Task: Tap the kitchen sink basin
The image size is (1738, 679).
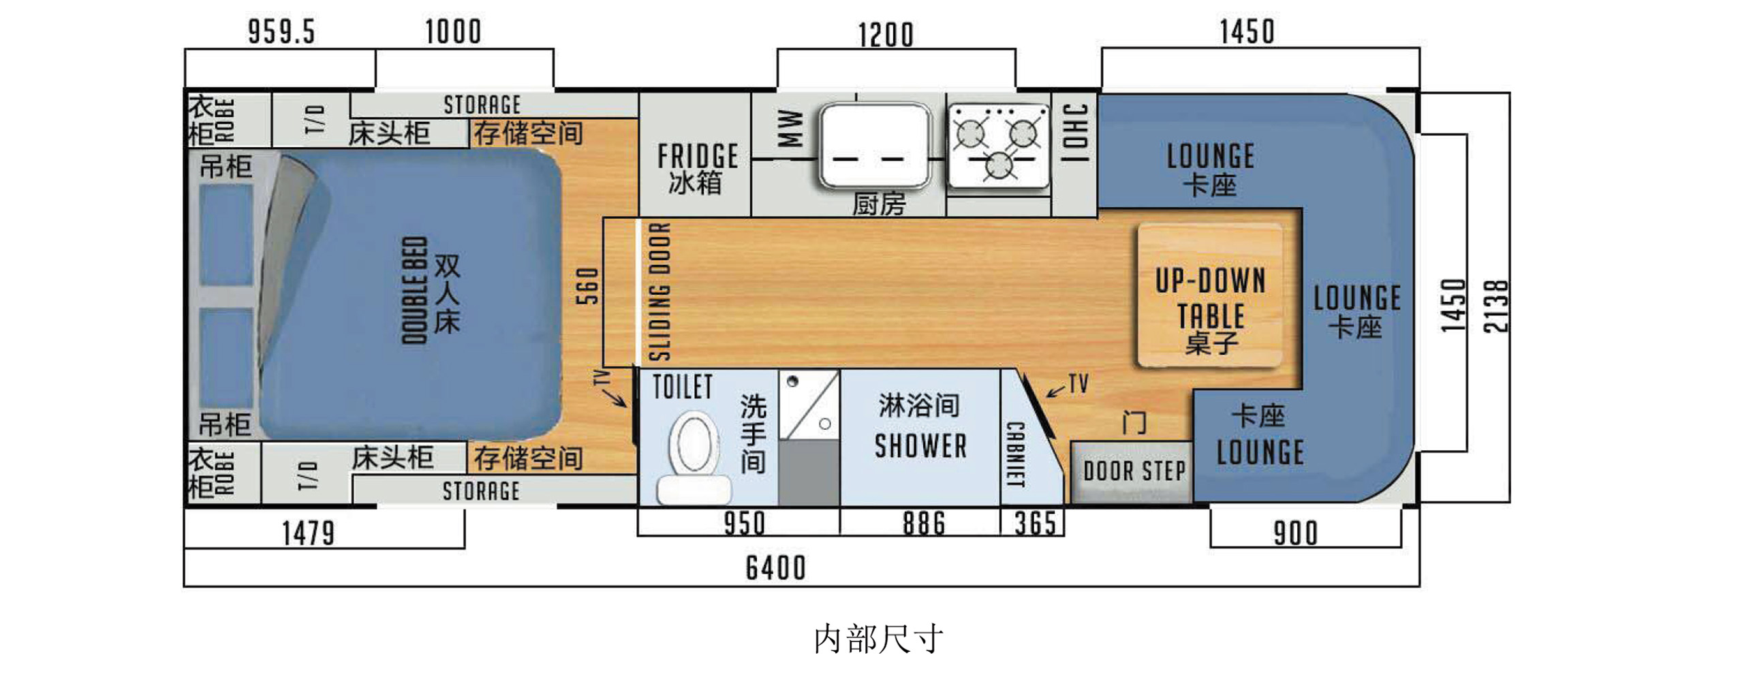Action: (x=875, y=145)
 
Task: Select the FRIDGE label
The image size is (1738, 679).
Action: (x=698, y=156)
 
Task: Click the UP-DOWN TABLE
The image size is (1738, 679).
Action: (x=1211, y=295)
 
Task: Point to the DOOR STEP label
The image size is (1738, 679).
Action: (x=1134, y=471)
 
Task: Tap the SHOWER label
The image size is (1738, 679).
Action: (x=920, y=447)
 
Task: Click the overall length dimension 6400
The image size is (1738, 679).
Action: (x=776, y=568)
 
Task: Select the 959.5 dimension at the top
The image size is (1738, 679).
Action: (x=281, y=32)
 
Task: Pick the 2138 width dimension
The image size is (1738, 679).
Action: (x=1496, y=306)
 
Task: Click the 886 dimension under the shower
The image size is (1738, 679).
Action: (x=924, y=524)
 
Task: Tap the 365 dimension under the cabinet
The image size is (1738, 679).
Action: (x=1035, y=524)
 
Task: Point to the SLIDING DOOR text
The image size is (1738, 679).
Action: (x=659, y=291)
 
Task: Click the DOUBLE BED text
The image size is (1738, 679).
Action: (x=414, y=290)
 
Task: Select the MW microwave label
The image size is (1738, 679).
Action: (x=790, y=128)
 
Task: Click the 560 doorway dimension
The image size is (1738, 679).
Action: (x=587, y=285)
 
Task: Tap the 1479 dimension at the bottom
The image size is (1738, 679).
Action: (x=309, y=533)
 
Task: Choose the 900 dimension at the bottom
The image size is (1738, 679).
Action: (x=1296, y=533)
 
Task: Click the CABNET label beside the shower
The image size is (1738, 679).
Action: (x=1016, y=455)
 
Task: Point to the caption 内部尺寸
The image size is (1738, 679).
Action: (x=879, y=639)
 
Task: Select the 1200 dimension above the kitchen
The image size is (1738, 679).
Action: (x=885, y=35)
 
